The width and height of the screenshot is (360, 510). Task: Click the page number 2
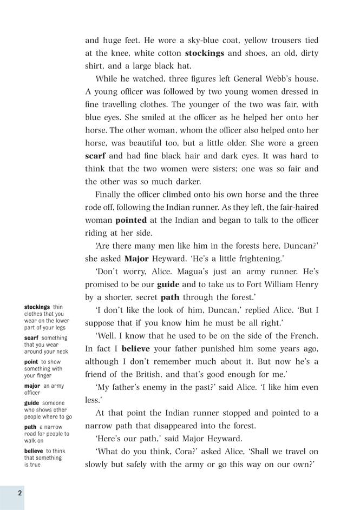(19, 493)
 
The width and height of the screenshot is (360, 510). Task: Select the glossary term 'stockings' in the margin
(37, 307)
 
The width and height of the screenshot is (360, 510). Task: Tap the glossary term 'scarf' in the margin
(31, 337)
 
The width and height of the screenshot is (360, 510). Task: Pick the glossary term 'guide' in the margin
(32, 403)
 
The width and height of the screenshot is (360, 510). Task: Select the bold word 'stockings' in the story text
(204, 54)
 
